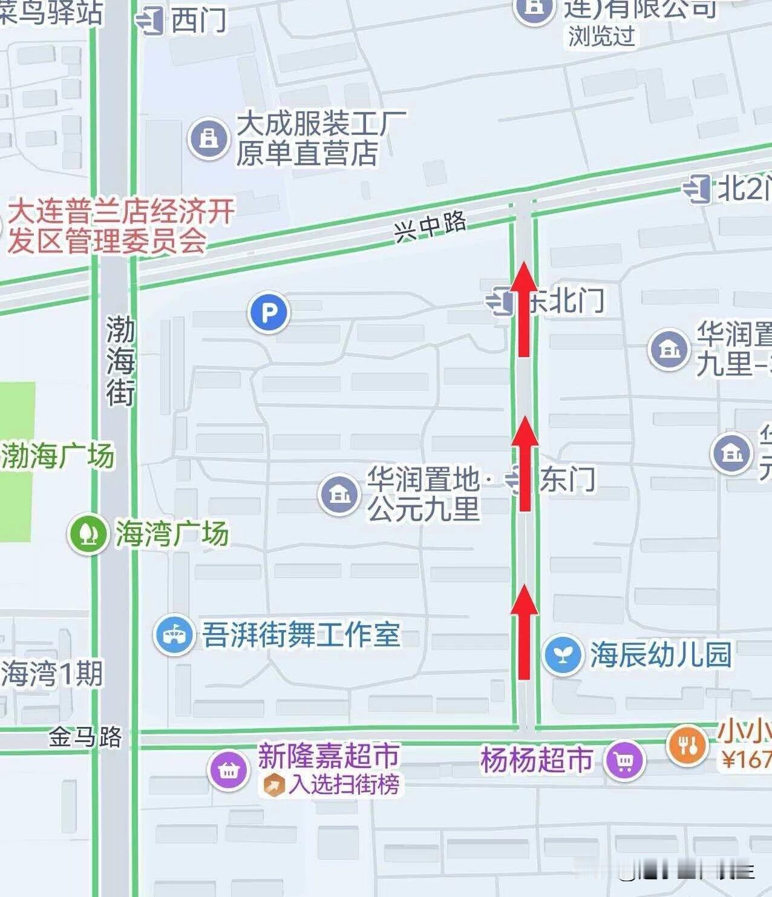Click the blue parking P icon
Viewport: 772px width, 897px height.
(x=269, y=313)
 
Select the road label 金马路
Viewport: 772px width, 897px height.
(x=85, y=737)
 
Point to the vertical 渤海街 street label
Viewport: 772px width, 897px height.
(x=120, y=361)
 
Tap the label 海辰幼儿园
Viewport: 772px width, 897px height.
(x=661, y=655)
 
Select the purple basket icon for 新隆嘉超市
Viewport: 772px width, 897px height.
(x=228, y=770)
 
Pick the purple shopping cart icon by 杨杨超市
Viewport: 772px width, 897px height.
(x=624, y=760)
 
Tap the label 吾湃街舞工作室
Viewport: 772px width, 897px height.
(x=301, y=634)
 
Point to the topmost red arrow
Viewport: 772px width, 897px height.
(x=524, y=308)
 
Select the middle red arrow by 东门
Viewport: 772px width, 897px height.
(x=524, y=463)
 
